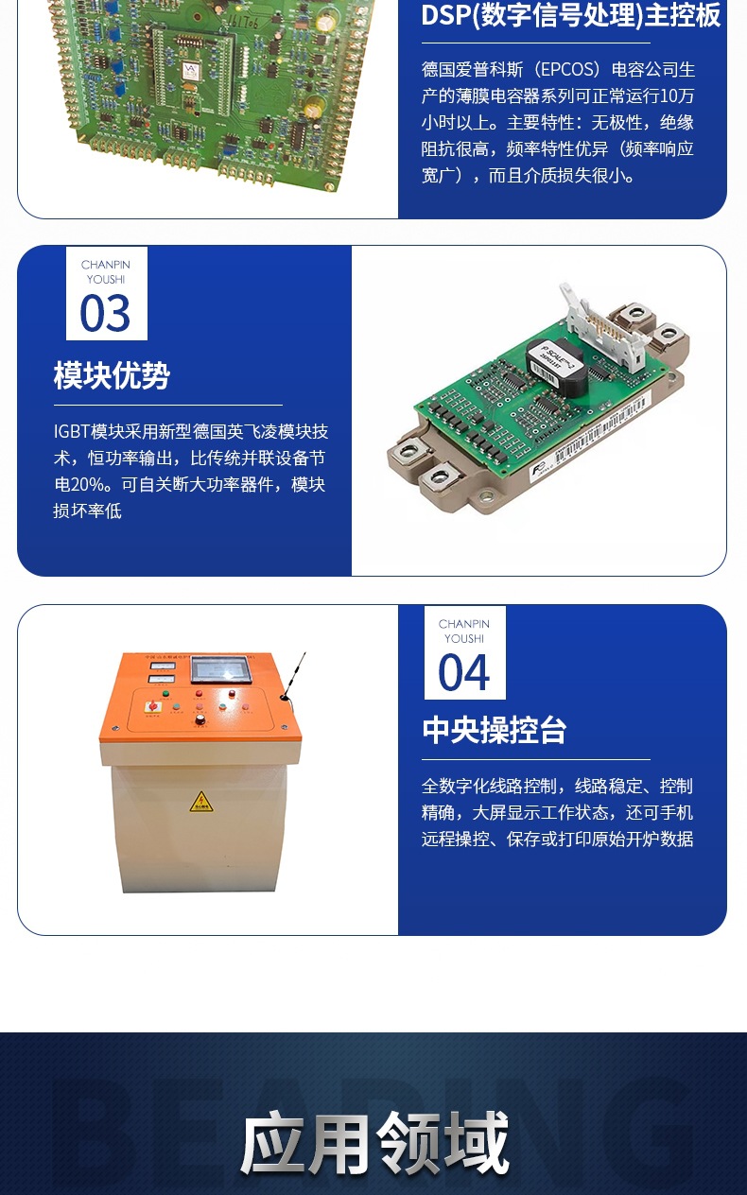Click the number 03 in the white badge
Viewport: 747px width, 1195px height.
105,313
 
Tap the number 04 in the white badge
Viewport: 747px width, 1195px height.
463,672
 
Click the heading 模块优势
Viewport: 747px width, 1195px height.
112,375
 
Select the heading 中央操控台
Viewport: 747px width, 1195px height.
494,730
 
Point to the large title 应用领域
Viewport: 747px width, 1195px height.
374,1144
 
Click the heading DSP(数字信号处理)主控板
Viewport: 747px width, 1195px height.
570,15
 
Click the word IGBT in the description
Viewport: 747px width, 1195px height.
71,431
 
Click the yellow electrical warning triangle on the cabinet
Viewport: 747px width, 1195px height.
200,802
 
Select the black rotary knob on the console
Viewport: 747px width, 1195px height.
200,719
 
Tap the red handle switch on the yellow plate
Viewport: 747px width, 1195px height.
151,706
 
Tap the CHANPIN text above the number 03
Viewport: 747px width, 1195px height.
105,265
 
